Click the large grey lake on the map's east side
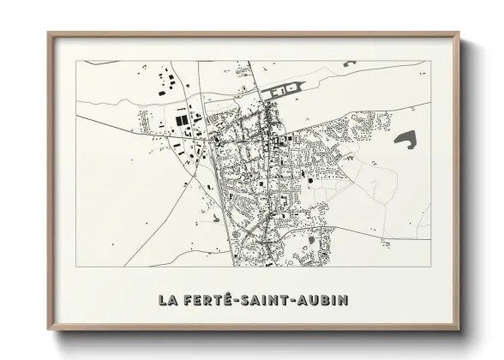click(x=405, y=137)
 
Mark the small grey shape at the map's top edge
click(x=350, y=63)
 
